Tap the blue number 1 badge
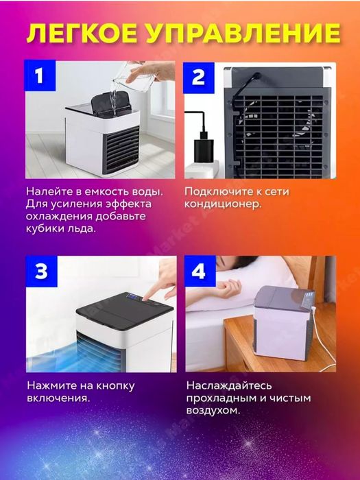click(40, 76)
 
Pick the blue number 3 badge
click(40, 272)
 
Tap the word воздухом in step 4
click(213, 411)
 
